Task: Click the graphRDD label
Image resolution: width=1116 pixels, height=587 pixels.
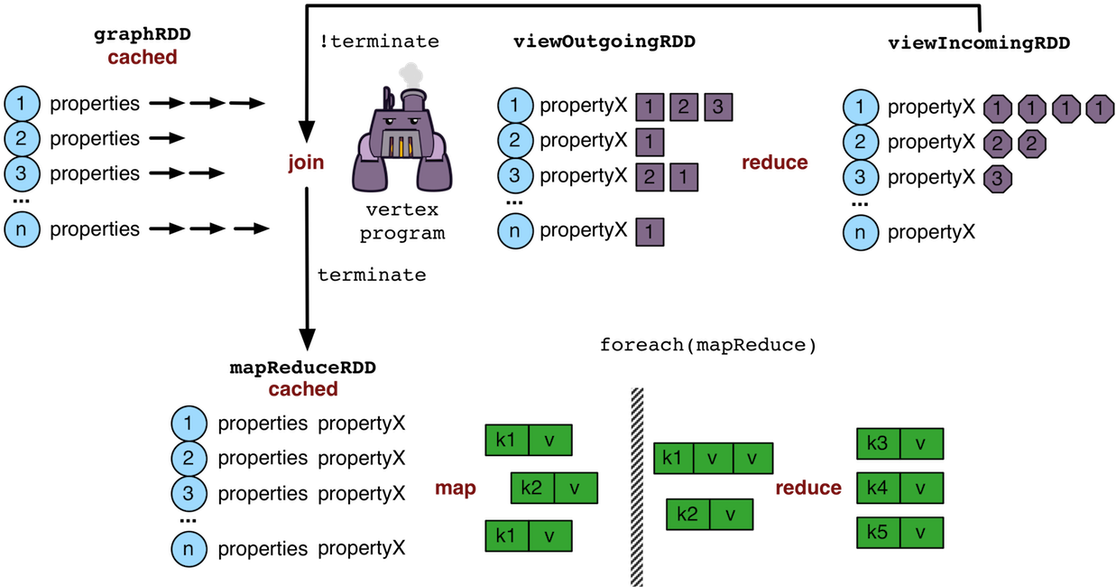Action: pyautogui.click(x=142, y=37)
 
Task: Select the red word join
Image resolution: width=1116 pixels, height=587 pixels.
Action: pyautogui.click(x=305, y=163)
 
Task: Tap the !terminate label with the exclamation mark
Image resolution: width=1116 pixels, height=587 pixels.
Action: pyautogui.click(x=380, y=42)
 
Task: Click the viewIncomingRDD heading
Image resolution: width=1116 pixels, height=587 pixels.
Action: pyautogui.click(x=978, y=42)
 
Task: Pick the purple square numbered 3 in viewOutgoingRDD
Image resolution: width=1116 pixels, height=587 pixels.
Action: pyautogui.click(x=717, y=107)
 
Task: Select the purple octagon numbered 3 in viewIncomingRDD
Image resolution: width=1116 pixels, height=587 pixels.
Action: pyautogui.click(x=995, y=178)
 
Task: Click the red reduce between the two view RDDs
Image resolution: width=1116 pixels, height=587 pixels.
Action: pyautogui.click(x=774, y=163)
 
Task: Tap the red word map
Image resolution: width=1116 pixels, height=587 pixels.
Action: pyautogui.click(x=455, y=489)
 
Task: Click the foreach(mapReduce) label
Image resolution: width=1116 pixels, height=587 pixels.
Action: pyautogui.click(x=707, y=345)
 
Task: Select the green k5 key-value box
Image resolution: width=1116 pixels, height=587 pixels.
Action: pyautogui.click(x=899, y=533)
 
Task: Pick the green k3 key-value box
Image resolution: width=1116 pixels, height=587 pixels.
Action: pyautogui.click(x=899, y=443)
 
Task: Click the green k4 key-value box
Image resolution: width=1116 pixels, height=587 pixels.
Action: pyautogui.click(x=899, y=489)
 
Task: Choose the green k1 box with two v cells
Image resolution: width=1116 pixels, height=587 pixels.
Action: pyautogui.click(x=713, y=459)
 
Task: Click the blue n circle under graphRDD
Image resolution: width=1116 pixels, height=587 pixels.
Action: pyautogui.click(x=22, y=229)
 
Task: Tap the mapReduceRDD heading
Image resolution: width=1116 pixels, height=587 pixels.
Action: pyautogui.click(x=302, y=368)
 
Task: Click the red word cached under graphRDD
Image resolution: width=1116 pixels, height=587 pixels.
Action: pyautogui.click(x=142, y=58)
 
